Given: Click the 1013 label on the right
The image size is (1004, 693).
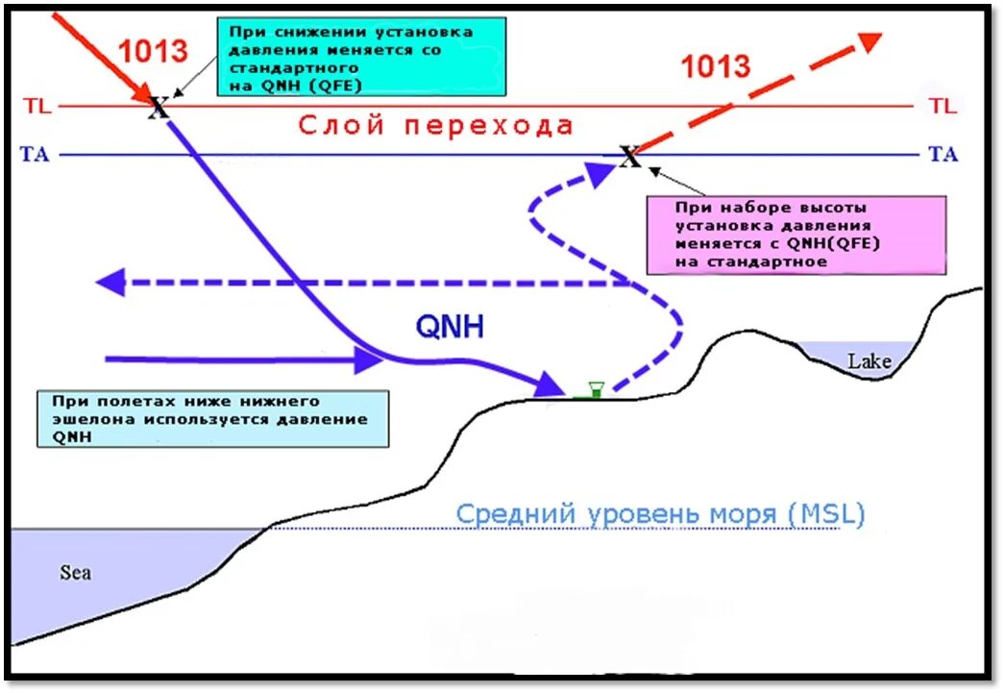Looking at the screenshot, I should [x=715, y=65].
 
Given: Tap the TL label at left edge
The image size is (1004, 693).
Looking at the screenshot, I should [x=38, y=106].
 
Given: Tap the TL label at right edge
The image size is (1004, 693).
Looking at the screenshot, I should [x=943, y=106].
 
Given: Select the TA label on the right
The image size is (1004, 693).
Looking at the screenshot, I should [x=943, y=154].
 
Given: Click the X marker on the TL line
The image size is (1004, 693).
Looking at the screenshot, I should [x=159, y=107].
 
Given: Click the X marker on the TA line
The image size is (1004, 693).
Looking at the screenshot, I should [x=629, y=156].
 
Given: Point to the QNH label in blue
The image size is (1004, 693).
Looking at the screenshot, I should [x=450, y=327].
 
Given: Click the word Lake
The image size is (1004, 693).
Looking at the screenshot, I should [x=869, y=361].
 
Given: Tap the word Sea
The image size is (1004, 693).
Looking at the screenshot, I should [x=76, y=573].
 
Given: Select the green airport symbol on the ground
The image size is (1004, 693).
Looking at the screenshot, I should [x=595, y=389].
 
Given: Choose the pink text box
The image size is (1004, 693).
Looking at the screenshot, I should [x=797, y=234].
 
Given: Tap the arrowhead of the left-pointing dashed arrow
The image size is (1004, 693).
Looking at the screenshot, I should [x=110, y=283].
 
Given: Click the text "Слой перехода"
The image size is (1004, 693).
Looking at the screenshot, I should [x=435, y=125].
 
